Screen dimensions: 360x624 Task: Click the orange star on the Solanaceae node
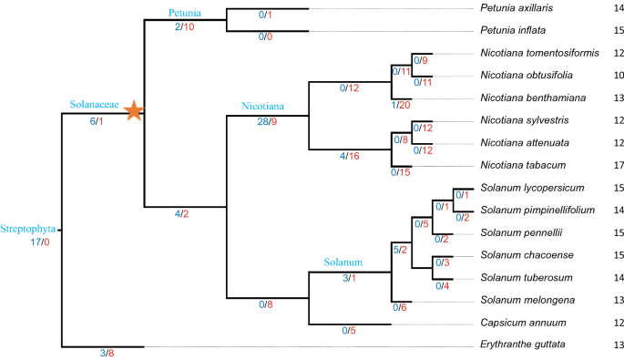(134, 111)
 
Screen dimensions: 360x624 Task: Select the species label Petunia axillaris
(517, 9)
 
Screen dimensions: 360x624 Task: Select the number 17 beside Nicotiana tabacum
(606, 166)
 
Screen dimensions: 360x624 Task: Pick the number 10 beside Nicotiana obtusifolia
(606, 76)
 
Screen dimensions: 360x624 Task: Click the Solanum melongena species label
(525, 300)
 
